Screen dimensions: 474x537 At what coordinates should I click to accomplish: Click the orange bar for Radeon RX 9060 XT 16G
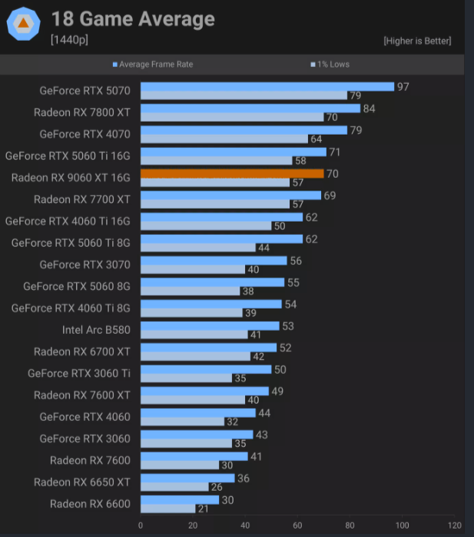pyautogui.click(x=232, y=174)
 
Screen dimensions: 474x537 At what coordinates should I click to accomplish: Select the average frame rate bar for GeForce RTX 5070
pyautogui.click(x=267, y=87)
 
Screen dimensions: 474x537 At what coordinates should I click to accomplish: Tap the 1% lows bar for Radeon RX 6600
pyautogui.click(x=167, y=509)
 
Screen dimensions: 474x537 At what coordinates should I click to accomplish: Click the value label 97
pyautogui.click(x=403, y=87)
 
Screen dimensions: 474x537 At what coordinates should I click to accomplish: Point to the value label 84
pyautogui.click(x=369, y=108)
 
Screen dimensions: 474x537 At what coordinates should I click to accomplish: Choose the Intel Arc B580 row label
pyautogui.click(x=96, y=330)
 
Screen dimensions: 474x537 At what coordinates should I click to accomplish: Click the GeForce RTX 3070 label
pyautogui.click(x=85, y=265)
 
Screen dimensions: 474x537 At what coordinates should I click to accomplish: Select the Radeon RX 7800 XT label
pyautogui.click(x=82, y=112)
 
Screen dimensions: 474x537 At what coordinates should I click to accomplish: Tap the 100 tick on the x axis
pyautogui.click(x=403, y=525)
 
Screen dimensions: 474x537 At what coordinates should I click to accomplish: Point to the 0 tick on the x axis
pyautogui.click(x=141, y=525)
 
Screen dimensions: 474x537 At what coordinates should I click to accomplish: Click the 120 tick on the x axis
pyautogui.click(x=455, y=525)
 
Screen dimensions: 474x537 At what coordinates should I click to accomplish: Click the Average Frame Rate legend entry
pyautogui.click(x=153, y=65)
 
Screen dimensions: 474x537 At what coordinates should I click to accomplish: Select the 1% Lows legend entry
pyautogui.click(x=330, y=65)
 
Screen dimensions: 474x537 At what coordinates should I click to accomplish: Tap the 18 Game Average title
pyautogui.click(x=133, y=18)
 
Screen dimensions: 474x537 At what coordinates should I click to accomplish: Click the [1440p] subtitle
pyautogui.click(x=69, y=40)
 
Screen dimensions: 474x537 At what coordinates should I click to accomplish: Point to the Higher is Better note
pyautogui.click(x=417, y=41)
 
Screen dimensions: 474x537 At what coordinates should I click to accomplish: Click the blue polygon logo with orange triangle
pyautogui.click(x=24, y=24)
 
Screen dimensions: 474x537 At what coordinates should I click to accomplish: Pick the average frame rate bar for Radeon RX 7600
pyautogui.click(x=194, y=456)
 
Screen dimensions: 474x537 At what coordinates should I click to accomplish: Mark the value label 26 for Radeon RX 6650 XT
pyautogui.click(x=217, y=487)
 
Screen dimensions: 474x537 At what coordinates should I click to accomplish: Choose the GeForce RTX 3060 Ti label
pyautogui.click(x=79, y=373)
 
